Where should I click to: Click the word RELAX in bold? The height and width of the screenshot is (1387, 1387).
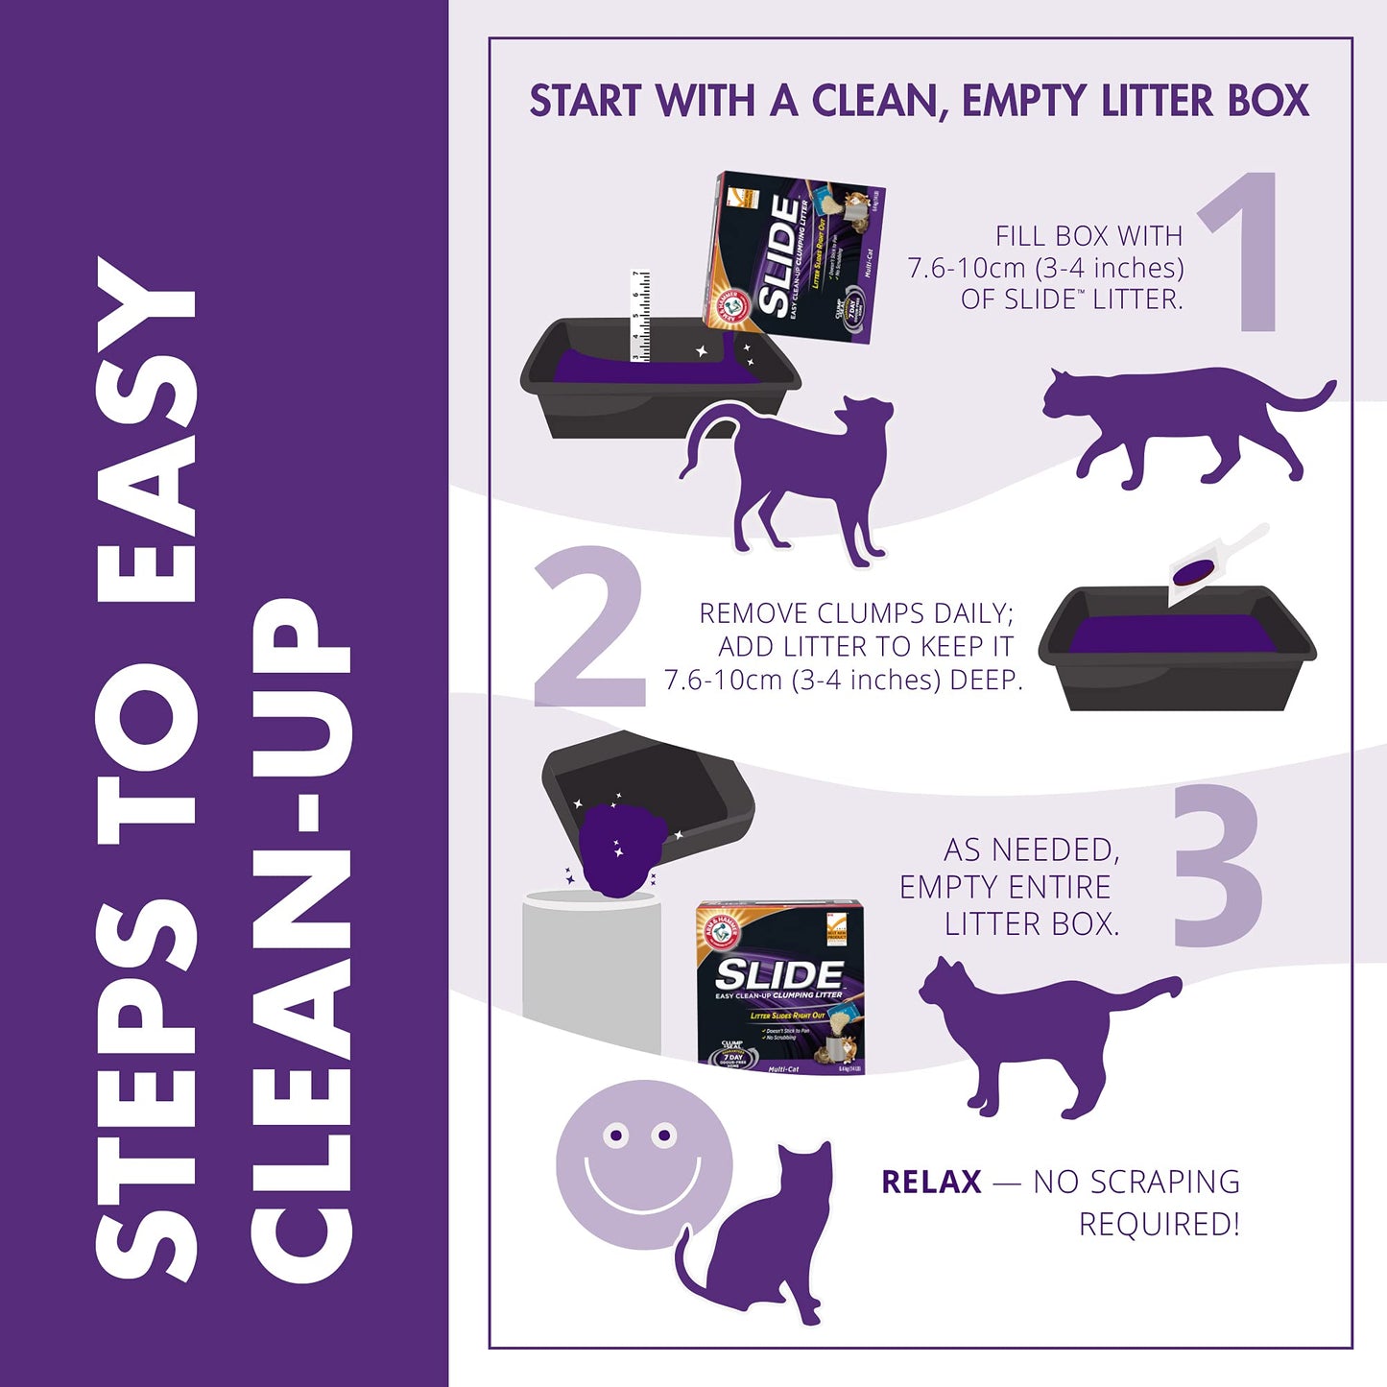[931, 1182]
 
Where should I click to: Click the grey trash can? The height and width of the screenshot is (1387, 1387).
[590, 969]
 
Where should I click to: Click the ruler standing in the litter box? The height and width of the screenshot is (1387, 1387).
[640, 317]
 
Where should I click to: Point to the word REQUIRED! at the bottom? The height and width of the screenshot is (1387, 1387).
[1159, 1225]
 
